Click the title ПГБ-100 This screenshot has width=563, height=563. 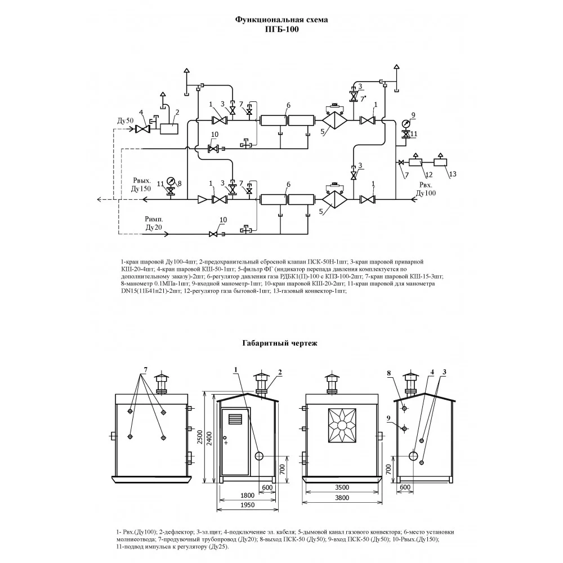pos(281,29)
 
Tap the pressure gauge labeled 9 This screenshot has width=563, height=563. pos(406,123)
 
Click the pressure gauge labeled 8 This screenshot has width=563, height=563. pos(171,181)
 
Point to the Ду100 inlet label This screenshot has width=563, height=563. pos(426,193)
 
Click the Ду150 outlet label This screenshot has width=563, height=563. pos(141,189)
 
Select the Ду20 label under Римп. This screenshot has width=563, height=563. pos(154,227)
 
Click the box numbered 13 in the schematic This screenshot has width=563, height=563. pos(440,162)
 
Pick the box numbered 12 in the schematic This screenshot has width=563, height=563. pos(415,162)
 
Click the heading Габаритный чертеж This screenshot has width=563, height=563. pos(280,343)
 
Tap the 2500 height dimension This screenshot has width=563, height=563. pos(200,437)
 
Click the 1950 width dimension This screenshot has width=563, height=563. pos(247,505)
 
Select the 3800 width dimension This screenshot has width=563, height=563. pos(342,498)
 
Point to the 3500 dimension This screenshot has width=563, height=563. pos(342,487)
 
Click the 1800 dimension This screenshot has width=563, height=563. pos(247,495)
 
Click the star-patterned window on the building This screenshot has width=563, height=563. pos(342,426)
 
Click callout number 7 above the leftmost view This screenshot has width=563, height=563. pos(145,369)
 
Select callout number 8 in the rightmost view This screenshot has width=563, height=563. pos(389,373)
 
